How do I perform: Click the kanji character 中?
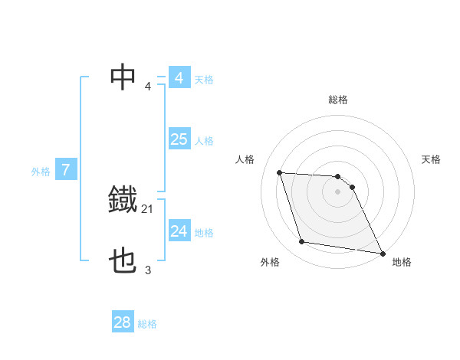point(123,77)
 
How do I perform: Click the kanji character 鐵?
point(123,200)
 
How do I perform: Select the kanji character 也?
point(123,262)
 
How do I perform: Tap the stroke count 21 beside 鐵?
point(148,208)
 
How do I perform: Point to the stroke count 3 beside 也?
point(148,270)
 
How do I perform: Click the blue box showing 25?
point(179,139)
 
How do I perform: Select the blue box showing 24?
point(179,231)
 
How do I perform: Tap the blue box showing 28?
point(123,322)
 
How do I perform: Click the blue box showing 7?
point(67,170)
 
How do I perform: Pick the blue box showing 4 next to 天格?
point(179,78)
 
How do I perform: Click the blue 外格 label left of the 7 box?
point(41,172)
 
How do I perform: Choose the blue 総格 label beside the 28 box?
point(147,324)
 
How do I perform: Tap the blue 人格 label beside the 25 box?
point(204,141)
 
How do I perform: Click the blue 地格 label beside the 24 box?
point(204,233)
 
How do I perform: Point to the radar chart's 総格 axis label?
point(338,100)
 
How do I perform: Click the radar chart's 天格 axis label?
point(432,159)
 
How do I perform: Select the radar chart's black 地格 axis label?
point(402,262)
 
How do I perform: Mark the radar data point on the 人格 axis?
point(280,173)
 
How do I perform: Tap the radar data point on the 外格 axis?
point(302,242)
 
